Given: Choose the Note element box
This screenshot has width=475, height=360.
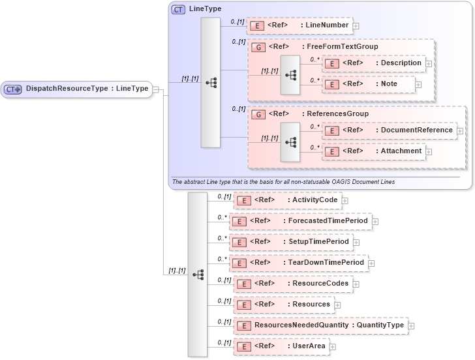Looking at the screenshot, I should [369, 84].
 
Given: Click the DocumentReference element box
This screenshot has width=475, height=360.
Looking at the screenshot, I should [389, 130].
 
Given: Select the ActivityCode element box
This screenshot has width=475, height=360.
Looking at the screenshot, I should [287, 200].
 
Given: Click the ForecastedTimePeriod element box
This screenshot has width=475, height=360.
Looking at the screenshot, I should [299, 221].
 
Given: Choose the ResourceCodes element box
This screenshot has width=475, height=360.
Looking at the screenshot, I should [293, 284].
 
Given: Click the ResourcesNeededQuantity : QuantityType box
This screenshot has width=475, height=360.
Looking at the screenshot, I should [320, 325].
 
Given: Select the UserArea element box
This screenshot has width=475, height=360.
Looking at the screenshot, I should [281, 346].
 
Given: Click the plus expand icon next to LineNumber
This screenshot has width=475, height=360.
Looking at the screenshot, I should [356, 26].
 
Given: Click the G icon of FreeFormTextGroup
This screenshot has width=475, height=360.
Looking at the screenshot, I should [258, 47].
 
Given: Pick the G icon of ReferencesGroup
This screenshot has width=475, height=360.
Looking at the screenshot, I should [258, 113].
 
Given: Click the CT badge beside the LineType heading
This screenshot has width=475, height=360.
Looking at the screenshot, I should [178, 10].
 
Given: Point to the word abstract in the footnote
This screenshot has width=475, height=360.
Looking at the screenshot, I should [193, 181].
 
